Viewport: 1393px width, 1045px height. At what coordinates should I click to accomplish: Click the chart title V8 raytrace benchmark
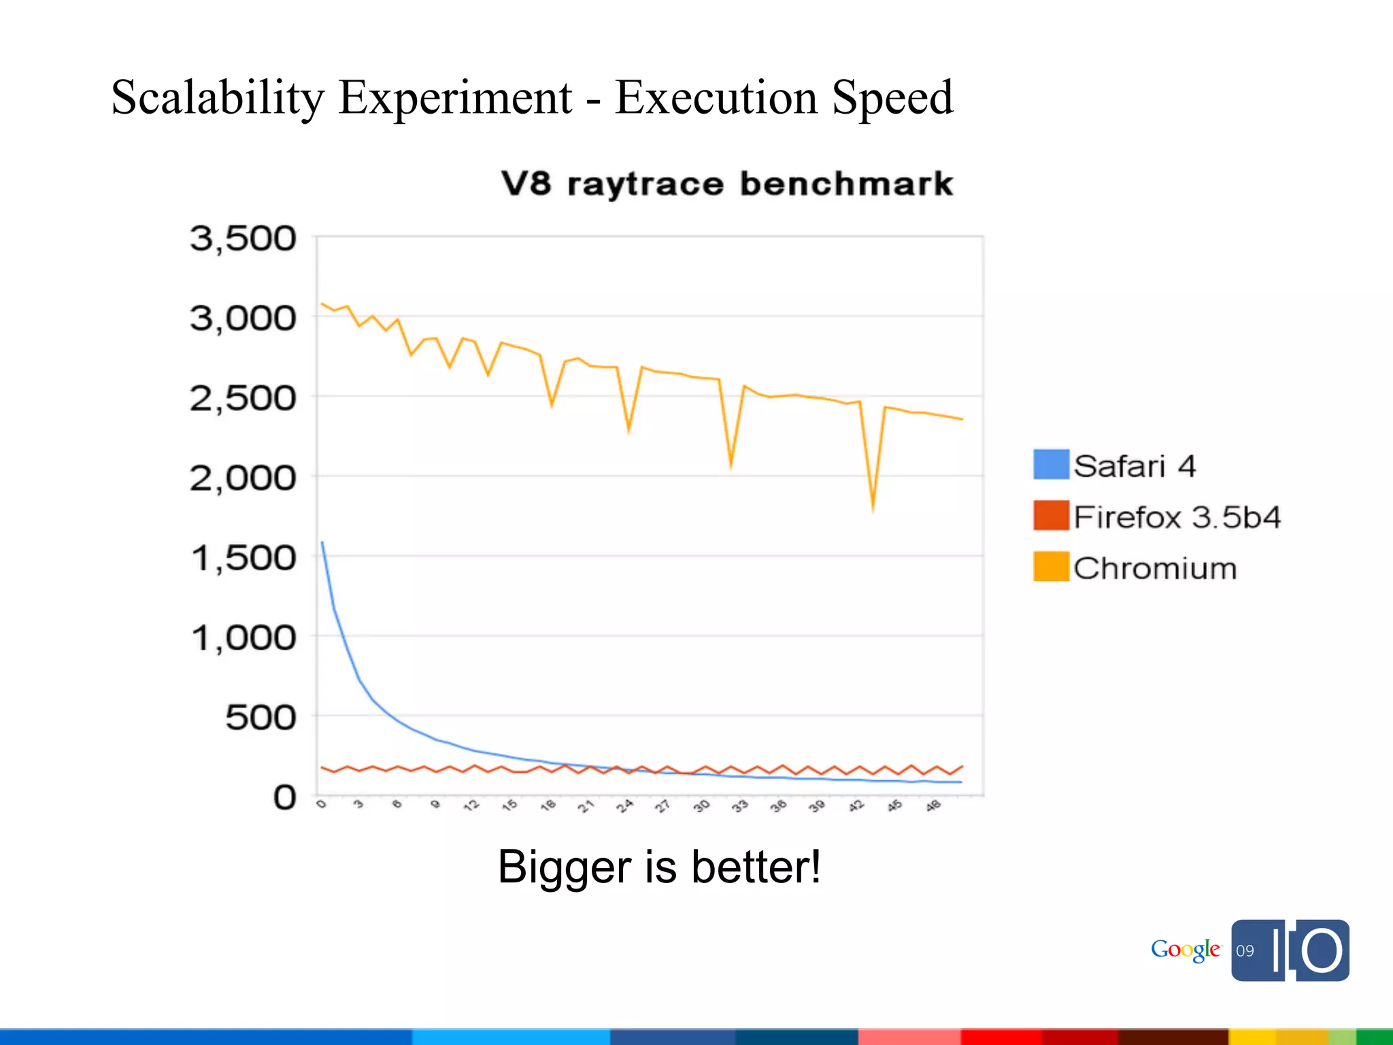coord(727,184)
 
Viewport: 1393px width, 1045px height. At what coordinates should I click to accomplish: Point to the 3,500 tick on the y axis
coord(243,239)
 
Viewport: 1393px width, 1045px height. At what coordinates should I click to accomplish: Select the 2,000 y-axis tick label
coord(243,478)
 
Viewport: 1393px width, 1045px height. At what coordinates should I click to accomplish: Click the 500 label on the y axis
coord(261,718)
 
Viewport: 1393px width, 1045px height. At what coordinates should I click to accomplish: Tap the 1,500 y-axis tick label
coord(243,558)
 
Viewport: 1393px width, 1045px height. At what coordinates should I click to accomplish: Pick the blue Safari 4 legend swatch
coord(1051,465)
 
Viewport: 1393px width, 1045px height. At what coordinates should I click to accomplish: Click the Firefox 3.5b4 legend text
coord(1177,517)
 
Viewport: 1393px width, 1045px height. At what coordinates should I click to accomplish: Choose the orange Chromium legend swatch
coord(1051,567)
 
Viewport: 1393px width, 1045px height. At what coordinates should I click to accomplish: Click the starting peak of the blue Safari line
coord(322,543)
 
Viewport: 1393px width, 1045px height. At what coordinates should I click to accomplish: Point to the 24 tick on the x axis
coord(624,806)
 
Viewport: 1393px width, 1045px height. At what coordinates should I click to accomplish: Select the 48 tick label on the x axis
coord(933,806)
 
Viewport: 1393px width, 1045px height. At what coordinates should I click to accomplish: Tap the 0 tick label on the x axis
coord(322,805)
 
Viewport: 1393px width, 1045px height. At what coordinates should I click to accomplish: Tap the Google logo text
coord(1185,950)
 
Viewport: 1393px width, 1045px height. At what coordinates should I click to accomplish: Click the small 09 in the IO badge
coord(1245,951)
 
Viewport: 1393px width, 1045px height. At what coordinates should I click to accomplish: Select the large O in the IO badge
coord(1322,950)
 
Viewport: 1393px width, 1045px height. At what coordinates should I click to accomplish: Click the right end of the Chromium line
coord(962,419)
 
